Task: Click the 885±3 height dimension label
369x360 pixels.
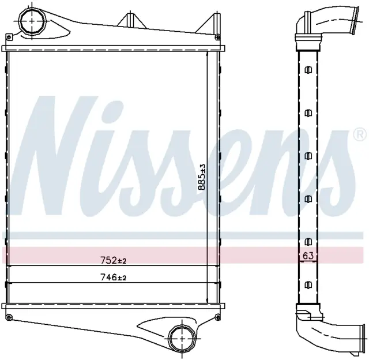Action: point(202,177)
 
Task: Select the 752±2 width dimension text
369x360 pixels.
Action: point(114,260)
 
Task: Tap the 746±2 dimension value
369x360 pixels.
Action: point(114,277)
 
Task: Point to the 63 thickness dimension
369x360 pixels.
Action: point(308,256)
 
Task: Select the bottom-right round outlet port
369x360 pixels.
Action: point(182,338)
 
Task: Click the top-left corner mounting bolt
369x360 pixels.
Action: point(9,37)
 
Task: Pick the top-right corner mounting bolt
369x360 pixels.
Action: point(218,37)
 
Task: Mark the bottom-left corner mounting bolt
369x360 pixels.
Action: point(9,318)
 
